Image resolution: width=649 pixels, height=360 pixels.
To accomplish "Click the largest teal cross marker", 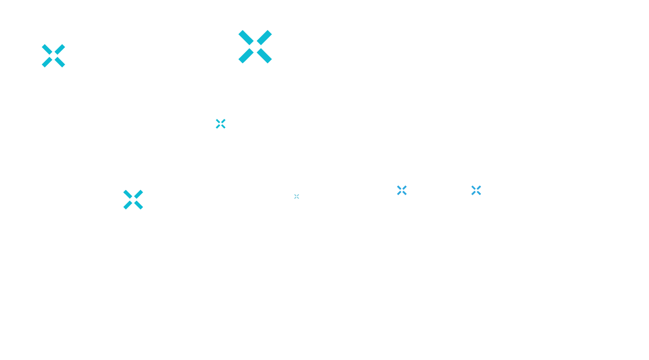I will click(255, 47).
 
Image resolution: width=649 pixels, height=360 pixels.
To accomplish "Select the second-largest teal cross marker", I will click(54, 56).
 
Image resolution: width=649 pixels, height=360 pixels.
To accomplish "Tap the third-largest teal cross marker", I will click(133, 200).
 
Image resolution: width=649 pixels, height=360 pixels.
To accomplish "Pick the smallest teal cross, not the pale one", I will click(221, 124).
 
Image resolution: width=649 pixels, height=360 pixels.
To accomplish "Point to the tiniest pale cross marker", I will click(297, 196).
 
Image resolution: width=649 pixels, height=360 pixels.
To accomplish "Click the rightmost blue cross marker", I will click(476, 190).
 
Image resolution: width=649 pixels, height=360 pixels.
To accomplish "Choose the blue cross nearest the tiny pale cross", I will click(402, 190).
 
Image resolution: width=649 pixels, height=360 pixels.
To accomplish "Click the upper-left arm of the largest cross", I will click(246, 38).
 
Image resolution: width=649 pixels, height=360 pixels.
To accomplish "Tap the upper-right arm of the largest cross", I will click(264, 38).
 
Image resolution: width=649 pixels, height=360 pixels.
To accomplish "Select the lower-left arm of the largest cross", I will click(246, 56).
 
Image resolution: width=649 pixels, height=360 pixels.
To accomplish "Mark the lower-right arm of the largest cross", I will click(264, 56).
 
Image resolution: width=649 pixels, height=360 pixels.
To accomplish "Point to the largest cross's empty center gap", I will click(255, 47).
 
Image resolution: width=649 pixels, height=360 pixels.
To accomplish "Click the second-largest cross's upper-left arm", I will click(47, 49).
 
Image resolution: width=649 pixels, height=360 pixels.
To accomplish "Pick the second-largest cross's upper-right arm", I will click(60, 49).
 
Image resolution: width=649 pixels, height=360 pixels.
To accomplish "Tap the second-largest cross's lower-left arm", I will click(47, 62).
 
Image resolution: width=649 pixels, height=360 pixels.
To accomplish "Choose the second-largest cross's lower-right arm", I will click(60, 62).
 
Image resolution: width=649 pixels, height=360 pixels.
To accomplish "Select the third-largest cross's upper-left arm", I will click(128, 194).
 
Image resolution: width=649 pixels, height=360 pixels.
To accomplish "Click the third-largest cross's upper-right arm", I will click(138, 194).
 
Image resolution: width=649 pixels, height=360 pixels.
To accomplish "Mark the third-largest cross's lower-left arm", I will click(128, 205).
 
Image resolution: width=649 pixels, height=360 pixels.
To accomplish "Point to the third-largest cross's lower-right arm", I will click(138, 205).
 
